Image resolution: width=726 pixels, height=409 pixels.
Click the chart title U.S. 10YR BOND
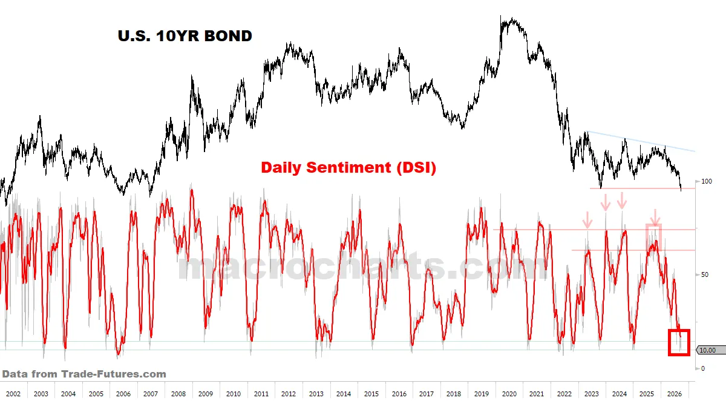pos(185,36)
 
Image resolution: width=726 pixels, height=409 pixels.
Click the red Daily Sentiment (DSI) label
pos(348,167)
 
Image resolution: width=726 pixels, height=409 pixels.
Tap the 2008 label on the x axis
pos(178,394)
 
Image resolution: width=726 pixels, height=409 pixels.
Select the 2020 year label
pos(509,394)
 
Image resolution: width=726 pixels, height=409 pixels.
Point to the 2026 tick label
pos(675,394)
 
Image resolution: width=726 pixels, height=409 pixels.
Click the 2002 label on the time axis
pos(13,394)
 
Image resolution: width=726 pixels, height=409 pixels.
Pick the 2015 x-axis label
pos(371,394)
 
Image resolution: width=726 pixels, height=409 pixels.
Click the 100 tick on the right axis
pos(707,181)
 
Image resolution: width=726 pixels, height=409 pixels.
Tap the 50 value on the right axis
pos(705,274)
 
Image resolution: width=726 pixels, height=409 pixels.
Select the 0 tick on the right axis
pos(703,368)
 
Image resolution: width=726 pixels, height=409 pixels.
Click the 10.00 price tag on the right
pos(711,350)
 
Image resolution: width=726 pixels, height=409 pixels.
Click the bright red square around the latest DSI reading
pos(669,342)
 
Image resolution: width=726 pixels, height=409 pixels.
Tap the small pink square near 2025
pos(646,237)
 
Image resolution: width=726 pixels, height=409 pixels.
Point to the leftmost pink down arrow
pos(587,220)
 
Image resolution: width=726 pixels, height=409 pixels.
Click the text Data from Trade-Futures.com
pos(84,374)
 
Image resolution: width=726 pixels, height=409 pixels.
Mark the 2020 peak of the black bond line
pos(500,16)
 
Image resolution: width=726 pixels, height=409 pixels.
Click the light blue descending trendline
pos(641,142)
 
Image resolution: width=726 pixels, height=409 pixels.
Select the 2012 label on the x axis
pos(289,394)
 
